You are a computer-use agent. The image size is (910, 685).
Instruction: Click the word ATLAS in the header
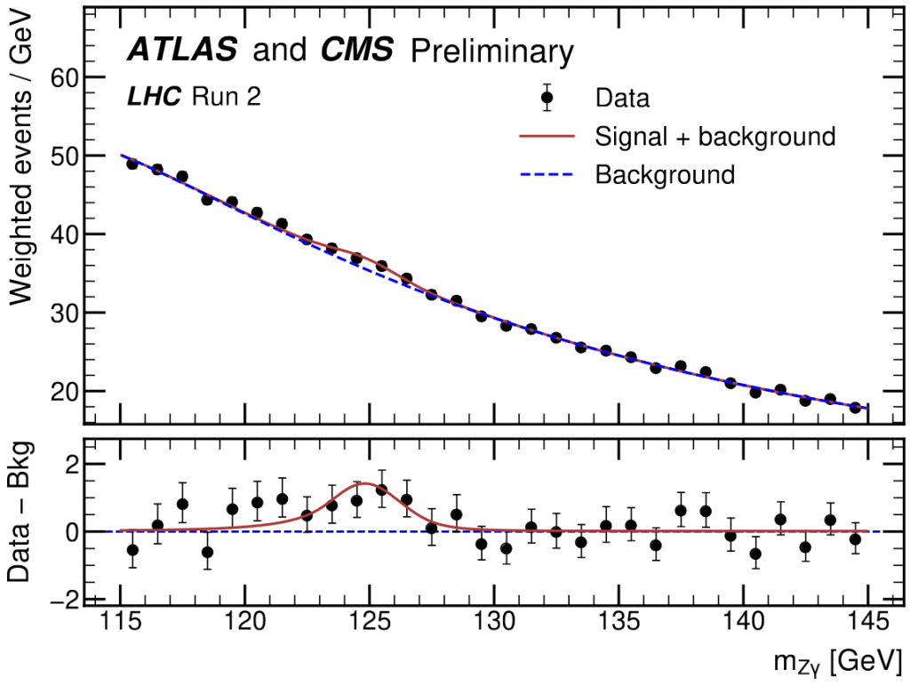tap(181, 50)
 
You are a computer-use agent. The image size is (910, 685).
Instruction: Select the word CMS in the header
tap(355, 50)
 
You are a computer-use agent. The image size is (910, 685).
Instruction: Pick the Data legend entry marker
tap(547, 97)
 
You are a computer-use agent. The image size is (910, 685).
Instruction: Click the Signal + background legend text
tap(714, 136)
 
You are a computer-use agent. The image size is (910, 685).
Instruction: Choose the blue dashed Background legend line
tap(547, 174)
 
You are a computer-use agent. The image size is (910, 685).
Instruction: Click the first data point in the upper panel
tap(132, 163)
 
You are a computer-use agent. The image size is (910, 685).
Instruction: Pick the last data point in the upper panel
tap(855, 407)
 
